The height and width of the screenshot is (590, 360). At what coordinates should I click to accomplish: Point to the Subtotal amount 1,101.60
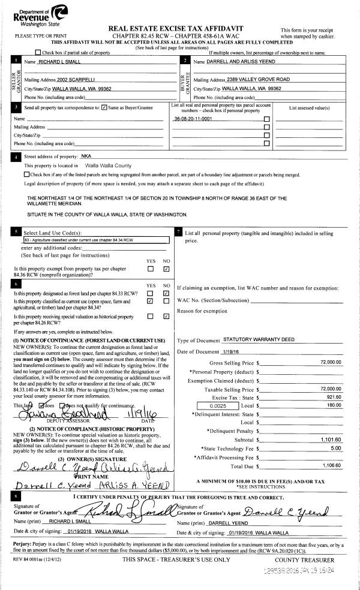(x=331, y=441)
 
